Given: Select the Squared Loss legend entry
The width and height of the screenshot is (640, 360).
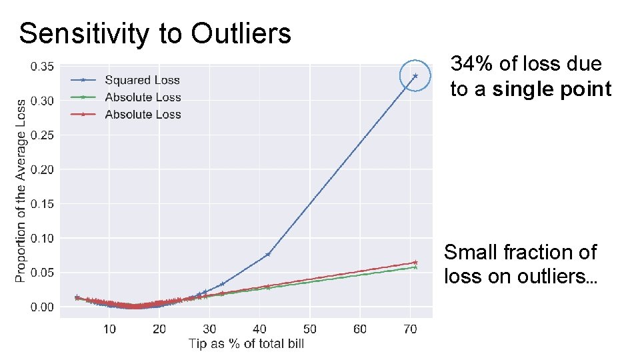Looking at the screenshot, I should tap(142, 80).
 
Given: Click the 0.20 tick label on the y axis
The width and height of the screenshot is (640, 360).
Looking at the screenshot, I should tap(42, 169).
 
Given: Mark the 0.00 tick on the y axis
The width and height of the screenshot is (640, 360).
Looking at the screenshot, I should tap(42, 307).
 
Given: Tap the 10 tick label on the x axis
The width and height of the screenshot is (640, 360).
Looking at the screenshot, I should tap(109, 329).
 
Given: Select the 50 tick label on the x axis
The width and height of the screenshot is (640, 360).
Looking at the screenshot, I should tap(310, 329).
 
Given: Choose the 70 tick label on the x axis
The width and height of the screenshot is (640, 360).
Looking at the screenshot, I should tap(410, 329).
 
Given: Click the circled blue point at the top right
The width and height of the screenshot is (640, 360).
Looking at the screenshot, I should tap(415, 76).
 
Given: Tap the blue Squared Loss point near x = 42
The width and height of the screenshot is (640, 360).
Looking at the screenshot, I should tap(268, 254).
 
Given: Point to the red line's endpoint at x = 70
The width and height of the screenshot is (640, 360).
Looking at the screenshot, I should tap(415, 262).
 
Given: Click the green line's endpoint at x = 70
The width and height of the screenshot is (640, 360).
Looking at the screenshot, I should tap(415, 267).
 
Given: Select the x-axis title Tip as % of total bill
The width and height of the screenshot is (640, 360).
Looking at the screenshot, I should tap(246, 343).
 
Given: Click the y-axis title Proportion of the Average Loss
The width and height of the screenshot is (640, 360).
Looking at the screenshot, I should tap(21, 191).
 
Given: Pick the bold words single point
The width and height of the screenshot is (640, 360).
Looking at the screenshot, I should tap(552, 89).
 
